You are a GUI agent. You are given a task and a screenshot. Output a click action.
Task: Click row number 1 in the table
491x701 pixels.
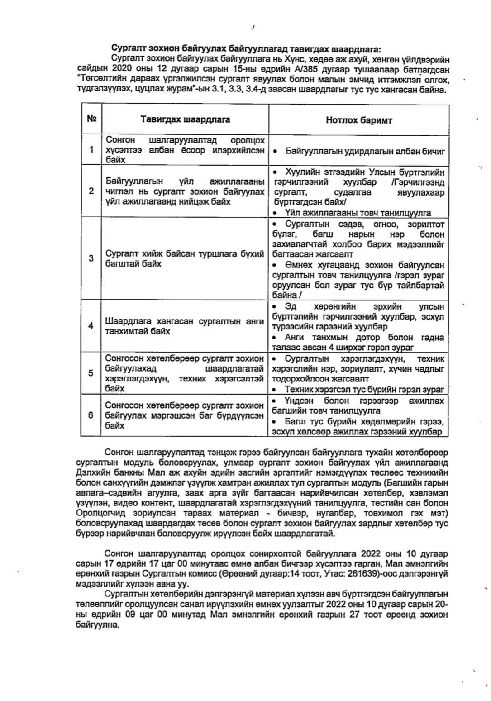[x=91, y=150]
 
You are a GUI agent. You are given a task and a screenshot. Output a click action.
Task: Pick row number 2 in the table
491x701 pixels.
[x=91, y=191]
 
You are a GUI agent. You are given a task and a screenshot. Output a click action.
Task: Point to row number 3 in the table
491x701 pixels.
[x=91, y=258]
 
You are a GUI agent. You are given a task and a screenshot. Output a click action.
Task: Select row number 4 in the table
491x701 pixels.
[x=91, y=326]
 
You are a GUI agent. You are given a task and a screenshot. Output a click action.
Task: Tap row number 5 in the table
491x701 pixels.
[x=91, y=373]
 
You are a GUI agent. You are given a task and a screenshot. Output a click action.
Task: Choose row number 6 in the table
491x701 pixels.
[x=91, y=415]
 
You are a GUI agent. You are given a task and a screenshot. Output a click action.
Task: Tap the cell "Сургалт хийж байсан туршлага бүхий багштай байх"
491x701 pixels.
[x=184, y=258]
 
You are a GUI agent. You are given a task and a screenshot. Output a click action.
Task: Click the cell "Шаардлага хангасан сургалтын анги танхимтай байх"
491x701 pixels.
[x=184, y=326]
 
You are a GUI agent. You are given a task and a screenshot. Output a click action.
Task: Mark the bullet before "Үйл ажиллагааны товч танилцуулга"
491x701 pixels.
[x=275, y=213]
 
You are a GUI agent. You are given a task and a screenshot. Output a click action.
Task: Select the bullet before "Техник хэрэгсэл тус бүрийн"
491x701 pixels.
[x=275, y=389]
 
